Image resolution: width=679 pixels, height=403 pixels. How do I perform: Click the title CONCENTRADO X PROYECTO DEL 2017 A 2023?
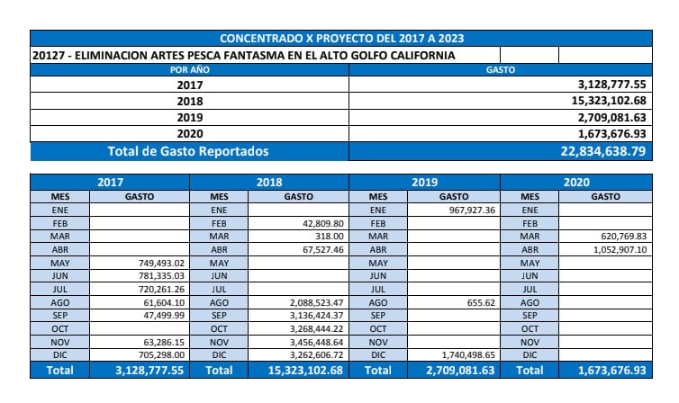(341, 39)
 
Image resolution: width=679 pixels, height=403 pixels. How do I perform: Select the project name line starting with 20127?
(243, 55)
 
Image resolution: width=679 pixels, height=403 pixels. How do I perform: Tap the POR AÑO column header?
(190, 69)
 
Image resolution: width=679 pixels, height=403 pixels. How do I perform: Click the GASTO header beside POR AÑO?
(500, 69)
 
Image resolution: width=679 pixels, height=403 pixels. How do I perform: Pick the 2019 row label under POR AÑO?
(190, 117)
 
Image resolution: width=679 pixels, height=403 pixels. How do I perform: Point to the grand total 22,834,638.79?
(602, 151)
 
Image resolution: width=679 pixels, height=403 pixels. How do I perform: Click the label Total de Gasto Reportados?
(188, 151)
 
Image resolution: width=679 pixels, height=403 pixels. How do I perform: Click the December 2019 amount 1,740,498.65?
(458, 355)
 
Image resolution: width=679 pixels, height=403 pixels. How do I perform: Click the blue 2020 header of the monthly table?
(575, 182)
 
